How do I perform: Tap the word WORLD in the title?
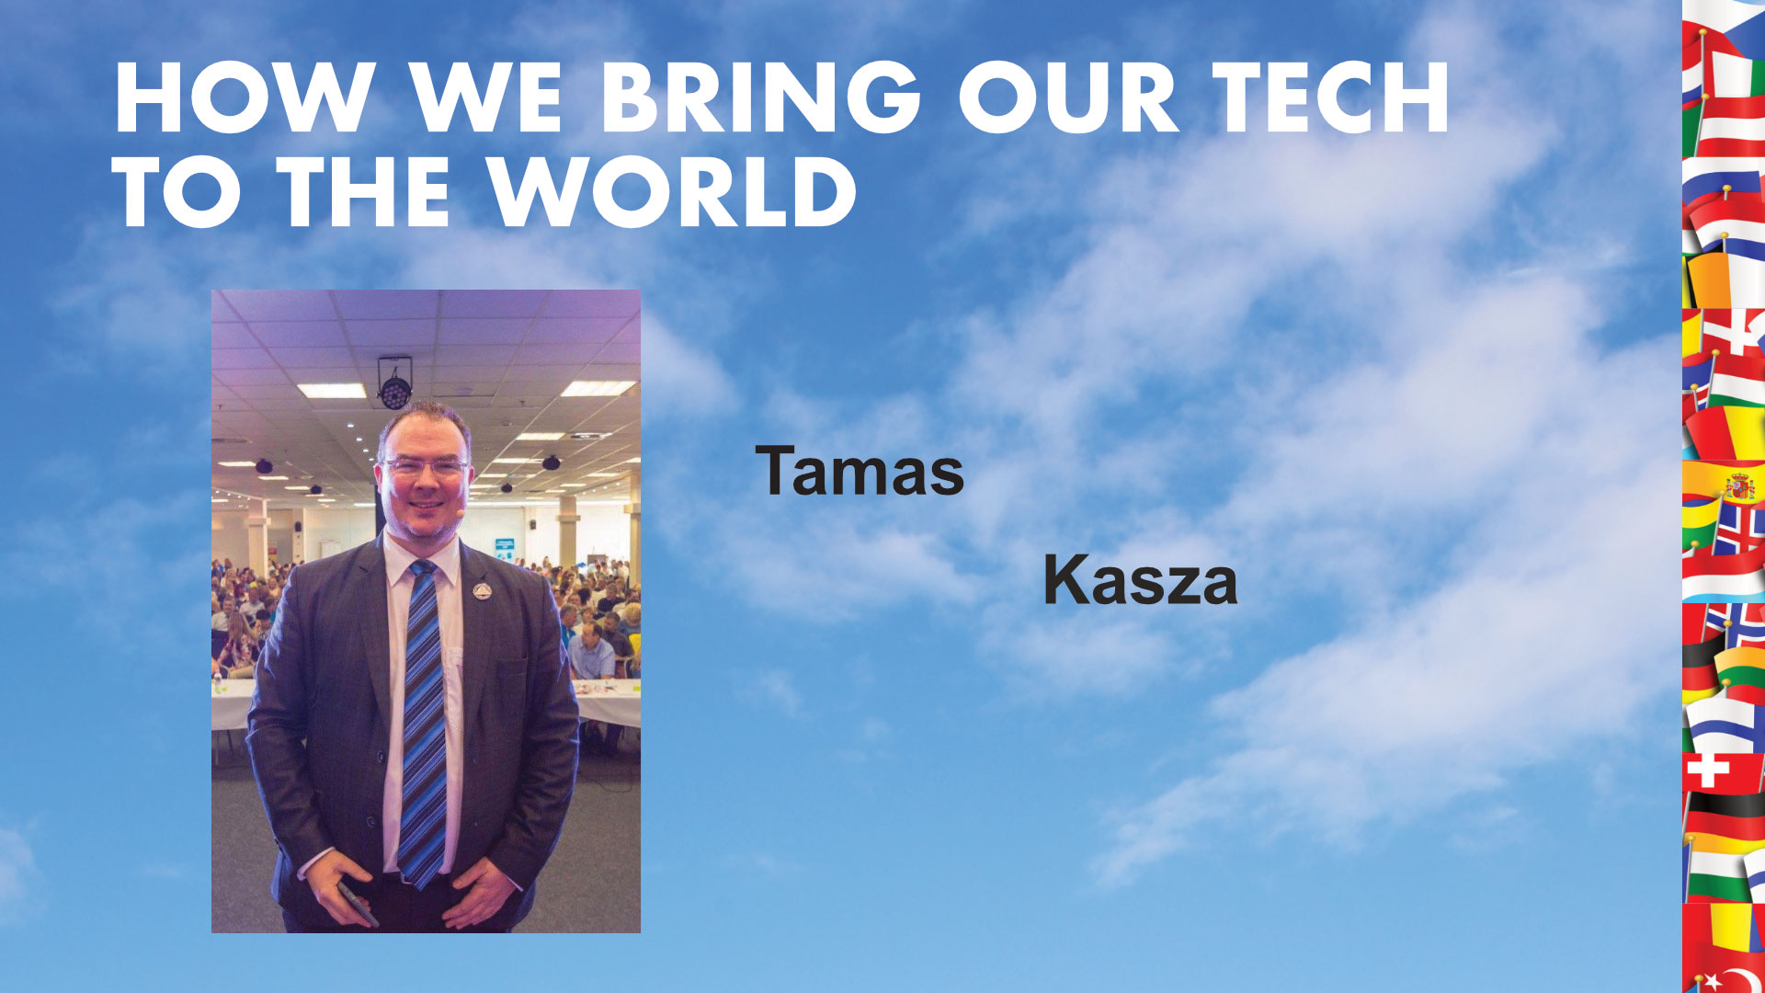click(x=672, y=191)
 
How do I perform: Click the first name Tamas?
click(x=860, y=471)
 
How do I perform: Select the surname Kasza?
click(x=1140, y=580)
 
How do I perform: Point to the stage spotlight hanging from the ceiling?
click(x=394, y=383)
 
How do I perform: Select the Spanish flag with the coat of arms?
click(x=1725, y=484)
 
